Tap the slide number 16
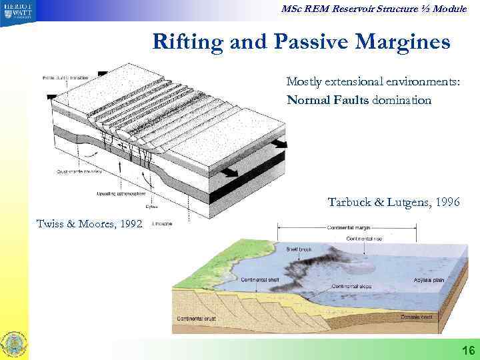(x=467, y=351)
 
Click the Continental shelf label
(x=240, y=279)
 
